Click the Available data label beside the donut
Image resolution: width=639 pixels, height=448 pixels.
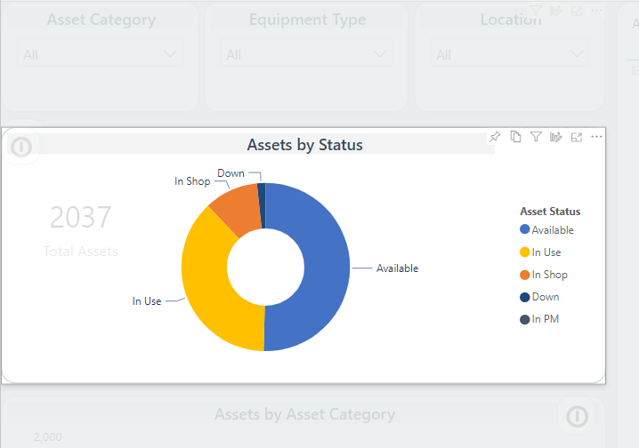[x=397, y=268]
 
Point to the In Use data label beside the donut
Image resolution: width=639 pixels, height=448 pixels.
[x=147, y=301]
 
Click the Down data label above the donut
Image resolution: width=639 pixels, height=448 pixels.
[x=231, y=173]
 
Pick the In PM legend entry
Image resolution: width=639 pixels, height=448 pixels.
[x=545, y=319]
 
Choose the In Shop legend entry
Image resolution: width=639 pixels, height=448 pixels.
[x=549, y=275]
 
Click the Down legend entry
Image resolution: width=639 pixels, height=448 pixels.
[x=545, y=297]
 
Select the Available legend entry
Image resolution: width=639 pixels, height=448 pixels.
[x=552, y=230]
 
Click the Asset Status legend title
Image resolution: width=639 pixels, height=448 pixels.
[x=550, y=212]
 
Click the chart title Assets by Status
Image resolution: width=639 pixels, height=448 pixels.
[x=304, y=145]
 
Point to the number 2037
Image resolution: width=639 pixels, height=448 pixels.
[x=80, y=217]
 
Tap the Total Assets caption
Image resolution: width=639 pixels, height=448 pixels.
[x=80, y=252]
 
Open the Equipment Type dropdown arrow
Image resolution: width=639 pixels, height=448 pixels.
[x=381, y=54]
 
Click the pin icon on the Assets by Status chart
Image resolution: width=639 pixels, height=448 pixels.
[x=496, y=136]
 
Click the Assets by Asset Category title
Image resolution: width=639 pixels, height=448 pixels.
[x=304, y=414]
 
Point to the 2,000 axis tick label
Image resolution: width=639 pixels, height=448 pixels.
[x=48, y=436]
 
